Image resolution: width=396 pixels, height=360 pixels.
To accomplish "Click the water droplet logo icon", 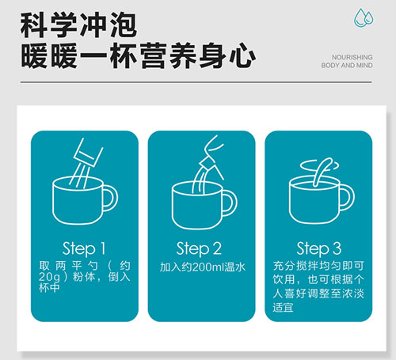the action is coord(364,18).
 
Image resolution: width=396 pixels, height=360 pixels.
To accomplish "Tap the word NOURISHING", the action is coord(352,57).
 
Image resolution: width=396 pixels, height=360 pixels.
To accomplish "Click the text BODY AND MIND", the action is coord(347,66).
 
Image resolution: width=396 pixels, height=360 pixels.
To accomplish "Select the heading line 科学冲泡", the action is coord(78,25).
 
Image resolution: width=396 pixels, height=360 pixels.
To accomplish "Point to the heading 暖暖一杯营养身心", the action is coord(138,56).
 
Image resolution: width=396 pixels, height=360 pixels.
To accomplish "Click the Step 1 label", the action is coord(84,248).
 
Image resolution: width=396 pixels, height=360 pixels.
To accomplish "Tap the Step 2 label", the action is coord(199,248).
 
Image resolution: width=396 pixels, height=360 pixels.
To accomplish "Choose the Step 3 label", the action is coord(319,248).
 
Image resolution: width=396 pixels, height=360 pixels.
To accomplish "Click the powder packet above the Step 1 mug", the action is coord(88,153).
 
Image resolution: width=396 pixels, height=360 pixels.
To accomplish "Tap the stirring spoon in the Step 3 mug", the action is coord(322,171).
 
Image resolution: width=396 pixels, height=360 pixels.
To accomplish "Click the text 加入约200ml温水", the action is coord(203,267).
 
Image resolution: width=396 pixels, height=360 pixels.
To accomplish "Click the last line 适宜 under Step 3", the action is coord(283,308).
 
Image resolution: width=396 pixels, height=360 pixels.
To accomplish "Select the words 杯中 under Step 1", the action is coord(49,288).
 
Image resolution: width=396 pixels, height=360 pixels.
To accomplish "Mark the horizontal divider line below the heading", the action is coord(196,82).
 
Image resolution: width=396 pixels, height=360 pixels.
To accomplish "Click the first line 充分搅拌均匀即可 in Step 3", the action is coord(318,266).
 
